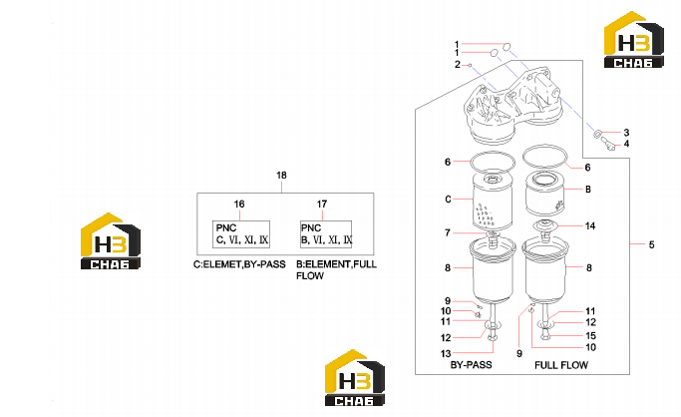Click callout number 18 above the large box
point(281,176)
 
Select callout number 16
point(239,205)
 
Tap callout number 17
point(322,205)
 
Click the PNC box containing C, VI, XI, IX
point(241,234)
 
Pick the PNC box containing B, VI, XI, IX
point(326,234)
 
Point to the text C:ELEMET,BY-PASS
point(239,264)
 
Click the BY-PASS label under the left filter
point(472,365)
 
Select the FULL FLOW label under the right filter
point(561,365)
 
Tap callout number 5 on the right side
point(651,245)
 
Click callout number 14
point(590,225)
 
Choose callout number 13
point(446,353)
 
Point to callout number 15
point(590,336)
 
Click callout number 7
point(448,233)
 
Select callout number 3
point(626,133)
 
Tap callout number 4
point(626,144)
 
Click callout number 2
point(458,65)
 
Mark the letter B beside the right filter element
point(588,190)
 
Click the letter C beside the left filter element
point(448,200)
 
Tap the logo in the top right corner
point(634,40)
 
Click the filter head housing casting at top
point(512,107)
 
